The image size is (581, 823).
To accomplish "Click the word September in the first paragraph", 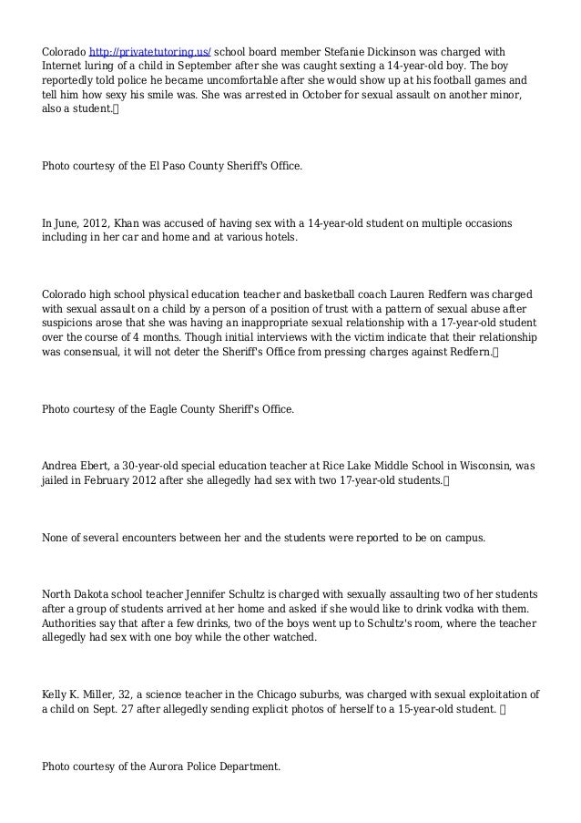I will pos(209,67).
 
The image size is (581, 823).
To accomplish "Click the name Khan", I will pos(127,223).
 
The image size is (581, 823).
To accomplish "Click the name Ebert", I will pos(97,466).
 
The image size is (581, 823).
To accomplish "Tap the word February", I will pos(108,480).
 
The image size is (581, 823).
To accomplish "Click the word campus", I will pos(461,537).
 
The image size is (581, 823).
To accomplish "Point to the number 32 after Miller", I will pos(118,694).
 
